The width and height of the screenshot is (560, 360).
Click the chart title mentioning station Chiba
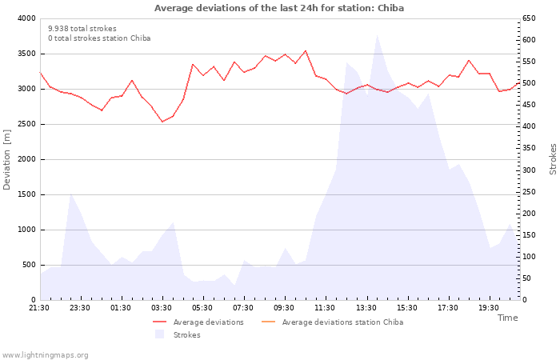[x=279, y=8]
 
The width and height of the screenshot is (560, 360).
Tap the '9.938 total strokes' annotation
[x=82, y=29]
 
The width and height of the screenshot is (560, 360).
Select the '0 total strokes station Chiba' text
[x=99, y=38]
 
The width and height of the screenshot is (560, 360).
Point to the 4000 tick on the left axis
[x=26, y=18]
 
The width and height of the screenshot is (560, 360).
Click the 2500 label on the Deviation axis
[x=26, y=124]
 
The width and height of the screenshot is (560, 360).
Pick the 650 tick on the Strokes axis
[x=529, y=18]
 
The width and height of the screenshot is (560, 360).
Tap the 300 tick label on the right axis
[x=529, y=170]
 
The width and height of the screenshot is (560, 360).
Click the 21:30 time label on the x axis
[x=39, y=308]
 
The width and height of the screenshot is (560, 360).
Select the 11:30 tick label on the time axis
[x=325, y=308]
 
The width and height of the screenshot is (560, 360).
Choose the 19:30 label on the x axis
[x=489, y=308]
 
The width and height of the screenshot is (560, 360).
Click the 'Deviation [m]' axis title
[x=6, y=160]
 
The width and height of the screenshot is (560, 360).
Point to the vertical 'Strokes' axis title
[x=553, y=159]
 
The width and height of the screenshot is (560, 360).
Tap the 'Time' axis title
[x=507, y=318]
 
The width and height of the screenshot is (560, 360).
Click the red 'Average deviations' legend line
[x=159, y=322]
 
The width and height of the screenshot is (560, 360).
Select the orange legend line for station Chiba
[x=268, y=322]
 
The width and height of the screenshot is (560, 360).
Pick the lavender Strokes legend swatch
[x=159, y=334]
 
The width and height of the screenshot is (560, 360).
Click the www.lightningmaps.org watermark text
[x=45, y=355]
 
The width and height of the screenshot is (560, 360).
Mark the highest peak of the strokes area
[x=377, y=34]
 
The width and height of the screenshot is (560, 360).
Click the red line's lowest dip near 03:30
[x=162, y=122]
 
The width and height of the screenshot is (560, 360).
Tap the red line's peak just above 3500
[x=306, y=50]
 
